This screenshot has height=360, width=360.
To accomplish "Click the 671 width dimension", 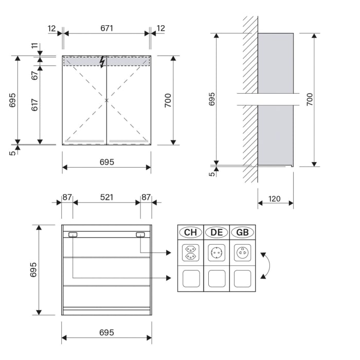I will [x=106, y=28].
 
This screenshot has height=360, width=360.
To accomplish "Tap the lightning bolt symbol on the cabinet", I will [x=102, y=62].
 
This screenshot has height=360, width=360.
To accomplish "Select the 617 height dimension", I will [x=35, y=105].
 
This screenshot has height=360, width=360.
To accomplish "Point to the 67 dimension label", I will [x=35, y=75].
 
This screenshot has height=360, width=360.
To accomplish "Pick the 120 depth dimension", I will [x=275, y=199].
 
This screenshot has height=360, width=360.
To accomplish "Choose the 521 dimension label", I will [x=106, y=197].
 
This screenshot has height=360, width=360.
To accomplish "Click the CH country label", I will [x=191, y=232].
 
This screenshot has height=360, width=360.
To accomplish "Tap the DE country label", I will [x=217, y=232].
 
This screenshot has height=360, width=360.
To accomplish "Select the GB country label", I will [x=242, y=232].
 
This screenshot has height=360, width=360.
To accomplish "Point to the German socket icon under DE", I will [x=217, y=253].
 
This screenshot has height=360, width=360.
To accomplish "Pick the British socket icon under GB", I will [x=242, y=253].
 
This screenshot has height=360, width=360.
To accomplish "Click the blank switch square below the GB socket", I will [x=242, y=278].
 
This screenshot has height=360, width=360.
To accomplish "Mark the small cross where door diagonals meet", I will [x=106, y=100].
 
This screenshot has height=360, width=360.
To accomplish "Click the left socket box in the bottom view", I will [x=73, y=235].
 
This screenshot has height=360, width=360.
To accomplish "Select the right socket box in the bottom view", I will [x=140, y=235].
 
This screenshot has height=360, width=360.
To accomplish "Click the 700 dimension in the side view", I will [x=309, y=100].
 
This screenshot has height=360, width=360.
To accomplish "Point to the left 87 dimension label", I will [x=67, y=197].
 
